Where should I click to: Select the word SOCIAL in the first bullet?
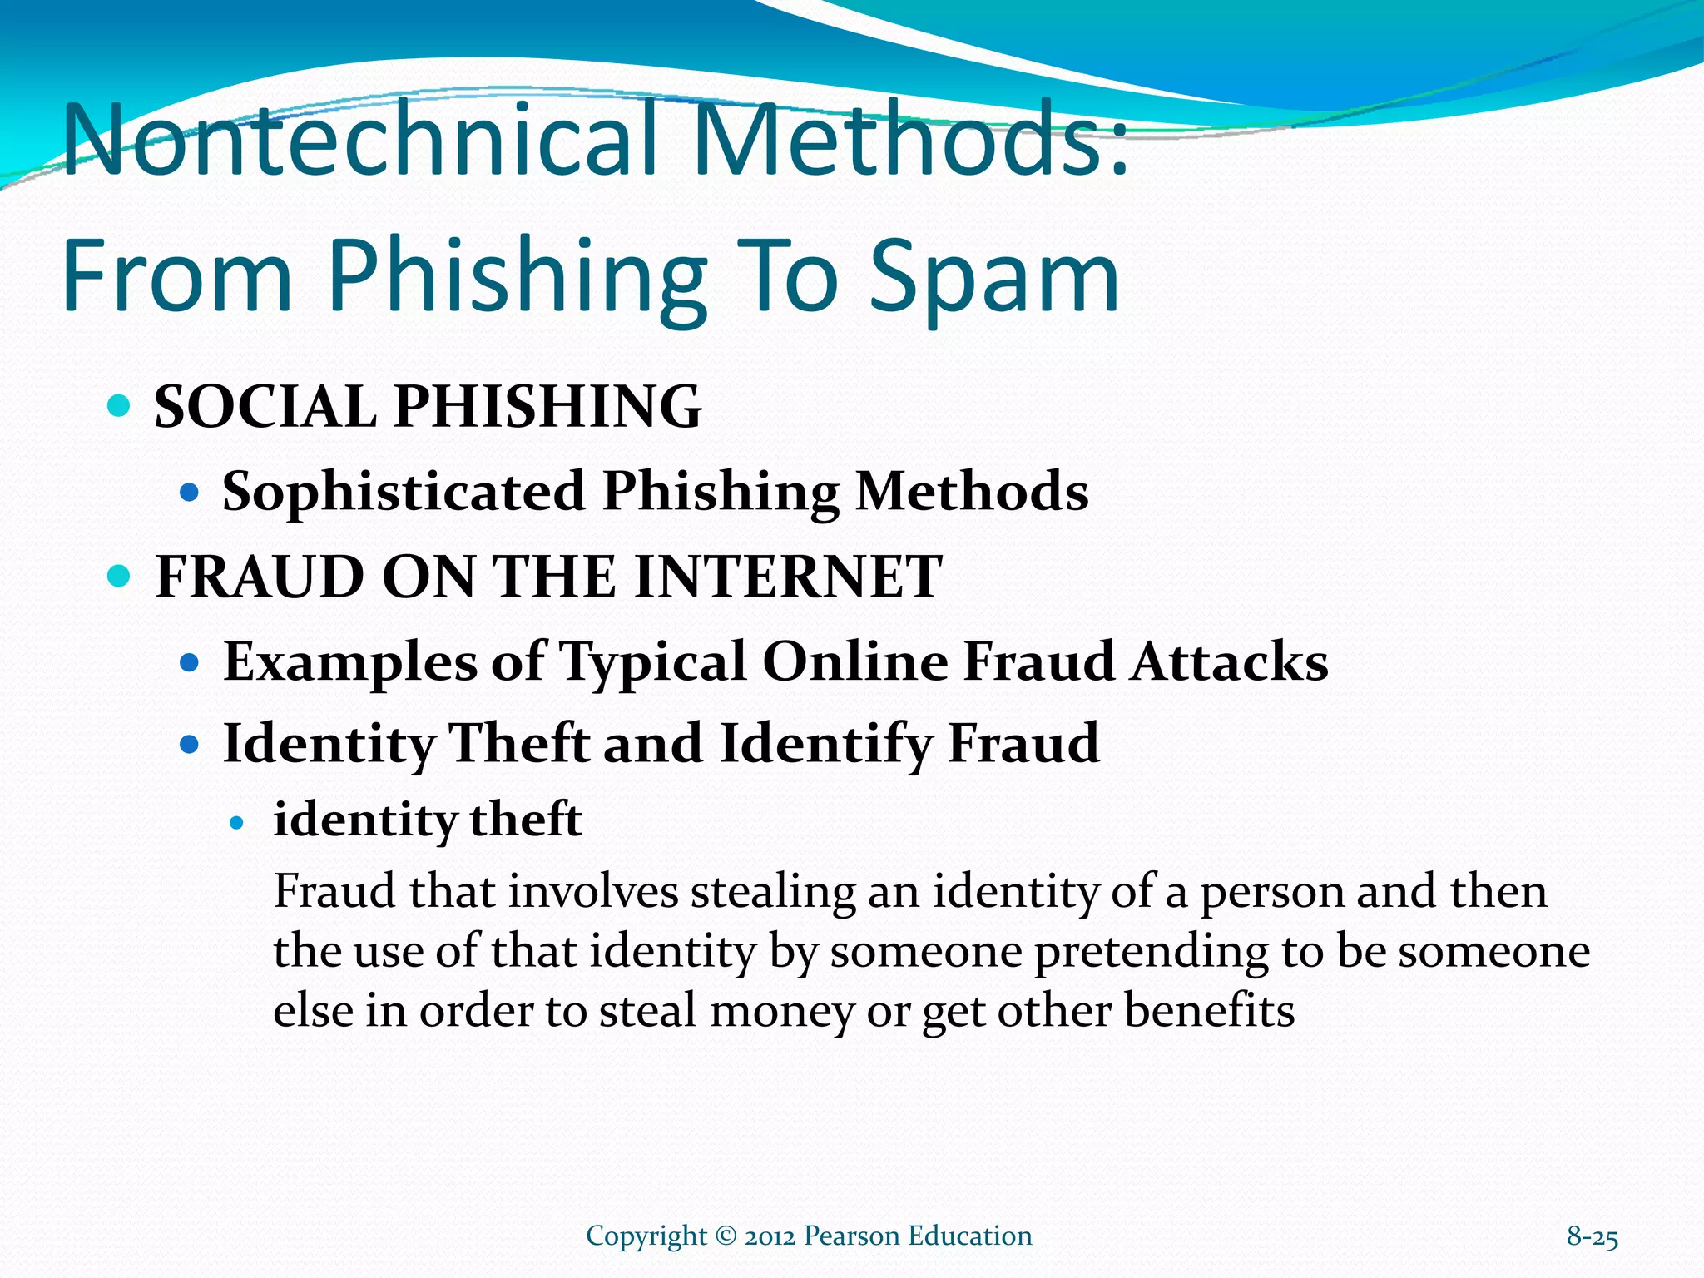pos(265,407)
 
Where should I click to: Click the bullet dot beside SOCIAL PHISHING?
pos(120,407)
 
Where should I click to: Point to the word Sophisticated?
pos(404,491)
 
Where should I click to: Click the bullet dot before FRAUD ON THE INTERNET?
pos(120,576)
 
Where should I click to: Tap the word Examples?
pos(350,662)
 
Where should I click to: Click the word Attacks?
pos(1229,662)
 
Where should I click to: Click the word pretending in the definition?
pos(1152,952)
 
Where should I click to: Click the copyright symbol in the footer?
pos(726,1236)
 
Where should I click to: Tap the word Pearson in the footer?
pos(851,1236)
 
